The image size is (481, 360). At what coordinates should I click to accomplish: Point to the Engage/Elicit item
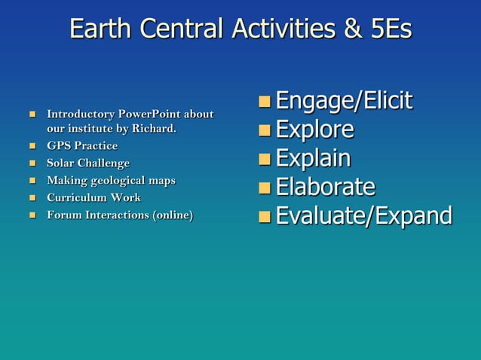(x=344, y=101)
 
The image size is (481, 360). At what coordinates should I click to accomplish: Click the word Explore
(x=314, y=130)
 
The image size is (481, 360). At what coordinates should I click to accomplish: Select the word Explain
(x=313, y=158)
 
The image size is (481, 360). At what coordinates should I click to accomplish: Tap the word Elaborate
(x=325, y=187)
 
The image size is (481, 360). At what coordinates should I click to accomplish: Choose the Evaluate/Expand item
(x=363, y=216)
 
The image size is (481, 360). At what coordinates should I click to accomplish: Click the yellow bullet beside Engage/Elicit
(x=264, y=102)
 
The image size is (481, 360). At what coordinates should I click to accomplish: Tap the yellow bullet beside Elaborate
(x=264, y=188)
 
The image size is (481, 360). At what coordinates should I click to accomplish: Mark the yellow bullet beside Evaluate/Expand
(x=264, y=218)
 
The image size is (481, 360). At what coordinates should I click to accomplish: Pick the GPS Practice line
(x=82, y=145)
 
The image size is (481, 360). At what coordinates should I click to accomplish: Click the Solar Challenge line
(x=88, y=163)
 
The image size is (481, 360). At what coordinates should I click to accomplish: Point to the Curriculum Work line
(x=93, y=197)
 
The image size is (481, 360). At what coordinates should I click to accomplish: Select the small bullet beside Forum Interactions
(x=32, y=215)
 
